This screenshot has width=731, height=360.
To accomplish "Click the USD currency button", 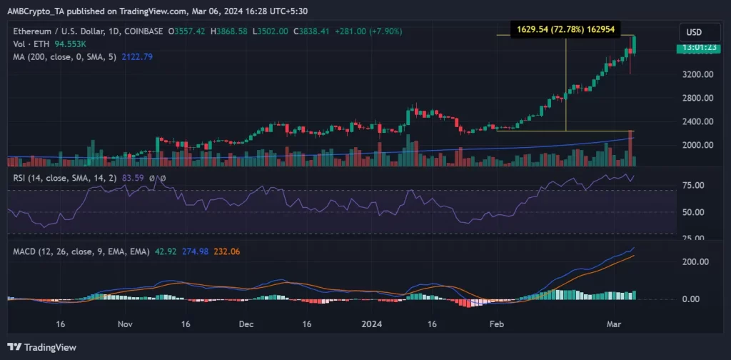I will point(694,32).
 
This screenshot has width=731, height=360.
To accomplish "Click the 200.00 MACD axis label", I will point(692,262).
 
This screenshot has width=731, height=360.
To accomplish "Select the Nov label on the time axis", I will point(125,324).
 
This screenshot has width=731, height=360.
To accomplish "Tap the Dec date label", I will point(246,324).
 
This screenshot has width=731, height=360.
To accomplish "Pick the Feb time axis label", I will point(494,324).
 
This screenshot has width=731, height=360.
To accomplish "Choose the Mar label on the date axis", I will point(612,324).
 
